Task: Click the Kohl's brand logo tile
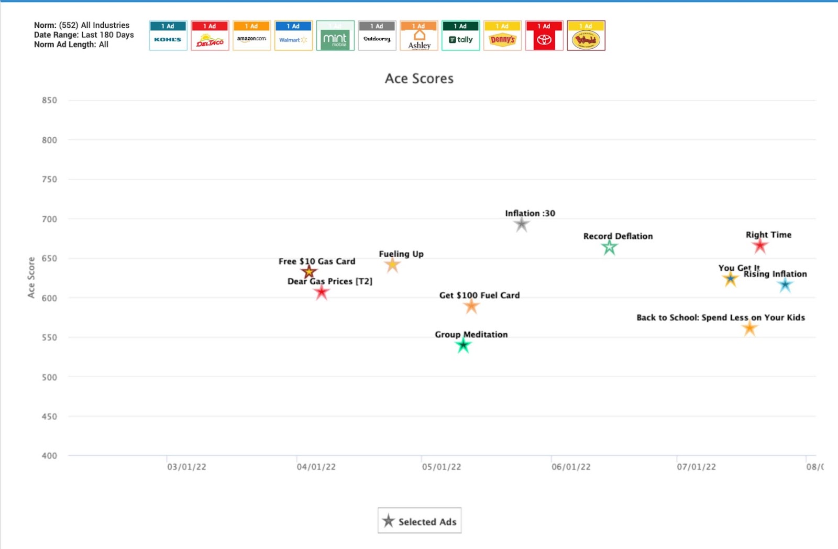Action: click(168, 36)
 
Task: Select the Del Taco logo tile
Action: click(210, 36)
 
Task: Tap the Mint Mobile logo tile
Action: click(335, 36)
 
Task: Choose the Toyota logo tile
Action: click(544, 36)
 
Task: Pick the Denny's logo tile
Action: click(502, 36)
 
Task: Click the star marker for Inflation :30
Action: click(522, 225)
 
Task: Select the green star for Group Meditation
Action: click(463, 345)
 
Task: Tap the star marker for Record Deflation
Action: click(609, 247)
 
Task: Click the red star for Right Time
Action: click(760, 246)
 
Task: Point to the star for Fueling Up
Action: click(392, 265)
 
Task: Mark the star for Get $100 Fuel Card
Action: click(471, 306)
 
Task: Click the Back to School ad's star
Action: click(749, 328)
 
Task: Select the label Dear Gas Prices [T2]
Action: click(330, 281)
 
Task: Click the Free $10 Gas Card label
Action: click(317, 261)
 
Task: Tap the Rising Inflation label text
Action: click(775, 274)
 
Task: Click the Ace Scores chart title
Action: click(419, 79)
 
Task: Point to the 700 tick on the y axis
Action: click(49, 219)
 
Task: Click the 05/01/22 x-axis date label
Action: click(442, 467)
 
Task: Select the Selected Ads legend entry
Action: click(420, 521)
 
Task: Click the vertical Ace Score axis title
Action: click(31, 278)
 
